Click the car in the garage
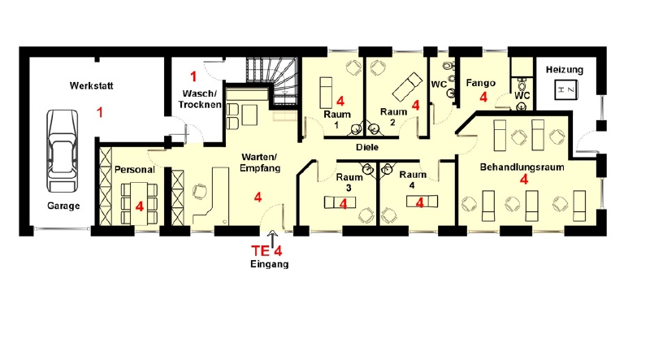tap(63, 150)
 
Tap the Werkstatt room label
tap(91, 86)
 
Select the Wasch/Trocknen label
tap(200, 98)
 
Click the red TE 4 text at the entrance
tap(266, 251)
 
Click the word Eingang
tap(270, 264)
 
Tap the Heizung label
tap(564, 70)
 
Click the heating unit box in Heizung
tap(566, 89)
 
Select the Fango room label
tap(480, 83)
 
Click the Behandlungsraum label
tap(522, 167)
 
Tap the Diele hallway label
tap(367, 147)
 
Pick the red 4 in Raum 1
tap(340, 101)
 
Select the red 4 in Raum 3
tap(343, 204)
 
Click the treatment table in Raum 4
tap(422, 202)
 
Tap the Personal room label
tap(134, 170)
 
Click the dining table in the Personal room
tap(139, 203)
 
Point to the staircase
tap(272, 82)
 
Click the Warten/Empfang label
tap(260, 163)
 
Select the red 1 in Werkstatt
tap(99, 112)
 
